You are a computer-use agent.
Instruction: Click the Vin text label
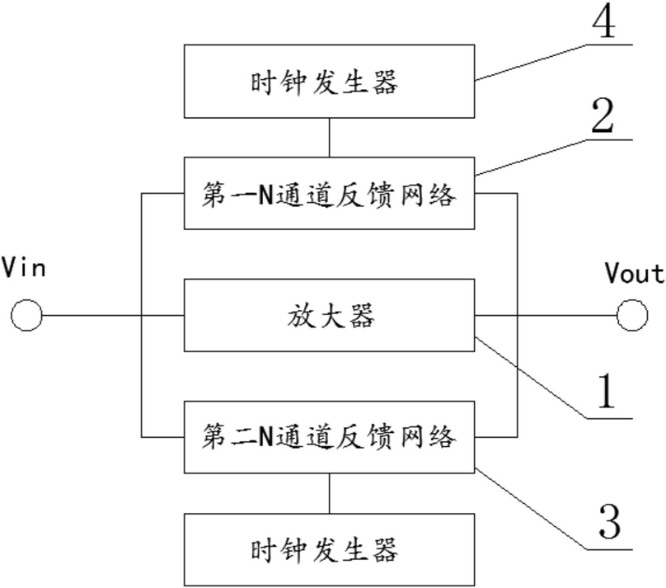[24, 268]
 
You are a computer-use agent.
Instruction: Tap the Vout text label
[635, 273]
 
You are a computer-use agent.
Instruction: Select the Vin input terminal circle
[26, 315]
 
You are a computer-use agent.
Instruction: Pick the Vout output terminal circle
[632, 315]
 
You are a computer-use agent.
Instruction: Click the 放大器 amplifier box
[329, 315]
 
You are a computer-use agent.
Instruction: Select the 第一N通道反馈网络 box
[329, 193]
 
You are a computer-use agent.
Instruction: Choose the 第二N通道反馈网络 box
[329, 437]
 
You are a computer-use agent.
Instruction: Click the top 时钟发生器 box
[329, 81]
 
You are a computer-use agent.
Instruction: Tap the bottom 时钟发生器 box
[329, 550]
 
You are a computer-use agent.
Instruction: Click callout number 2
[603, 116]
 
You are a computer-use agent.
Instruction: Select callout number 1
[606, 391]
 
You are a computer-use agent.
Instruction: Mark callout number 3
[609, 521]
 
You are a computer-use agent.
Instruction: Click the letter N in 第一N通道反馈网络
[266, 195]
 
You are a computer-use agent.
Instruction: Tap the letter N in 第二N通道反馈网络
[266, 436]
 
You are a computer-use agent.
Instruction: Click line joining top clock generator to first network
[329, 138]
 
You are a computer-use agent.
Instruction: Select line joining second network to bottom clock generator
[329, 493]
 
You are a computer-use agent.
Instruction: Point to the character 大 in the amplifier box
[330, 315]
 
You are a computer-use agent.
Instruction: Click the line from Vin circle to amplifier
[113, 315]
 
